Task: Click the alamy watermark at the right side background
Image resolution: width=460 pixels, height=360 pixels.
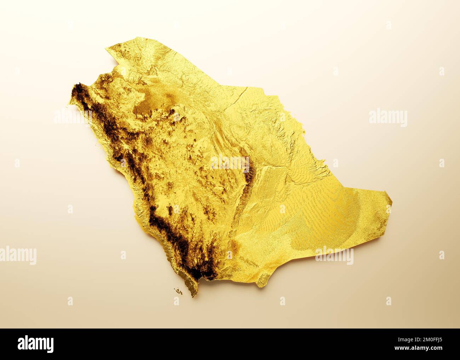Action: click(x=388, y=117)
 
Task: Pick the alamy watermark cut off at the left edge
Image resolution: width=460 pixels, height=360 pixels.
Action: click(x=18, y=255)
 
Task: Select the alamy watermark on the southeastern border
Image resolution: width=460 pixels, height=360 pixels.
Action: click(x=334, y=255)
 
